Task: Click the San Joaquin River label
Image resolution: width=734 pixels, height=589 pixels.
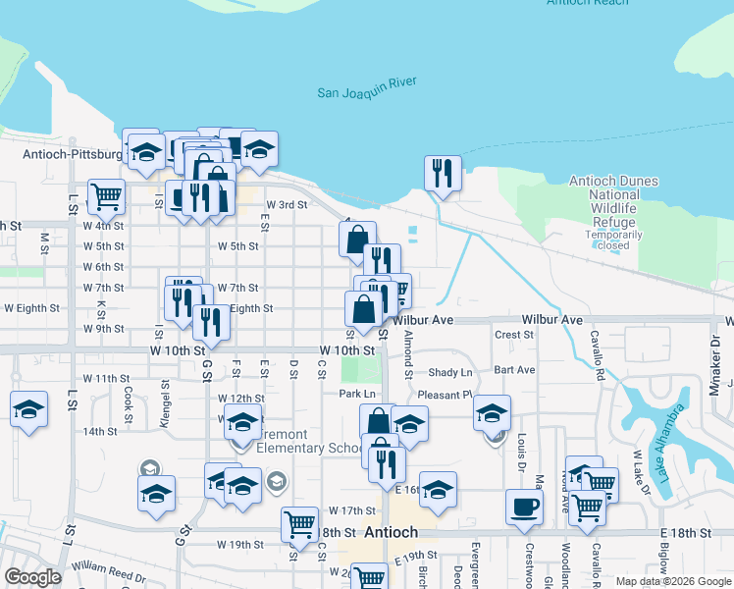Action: click(x=368, y=93)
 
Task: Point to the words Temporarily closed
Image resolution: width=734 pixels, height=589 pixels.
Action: click(x=613, y=241)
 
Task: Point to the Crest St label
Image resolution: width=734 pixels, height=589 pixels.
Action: click(x=514, y=335)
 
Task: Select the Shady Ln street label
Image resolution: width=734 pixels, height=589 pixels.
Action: click(x=450, y=373)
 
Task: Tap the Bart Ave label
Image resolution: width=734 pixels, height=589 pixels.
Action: click(x=514, y=370)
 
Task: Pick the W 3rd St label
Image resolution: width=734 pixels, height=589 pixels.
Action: click(x=288, y=205)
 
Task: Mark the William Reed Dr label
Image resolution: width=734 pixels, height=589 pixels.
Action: click(x=115, y=566)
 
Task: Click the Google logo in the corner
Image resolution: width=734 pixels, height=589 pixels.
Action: click(x=32, y=577)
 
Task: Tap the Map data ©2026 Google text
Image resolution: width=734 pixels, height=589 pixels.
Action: click(x=672, y=581)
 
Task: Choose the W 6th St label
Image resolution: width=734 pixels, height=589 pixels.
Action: click(x=103, y=267)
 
